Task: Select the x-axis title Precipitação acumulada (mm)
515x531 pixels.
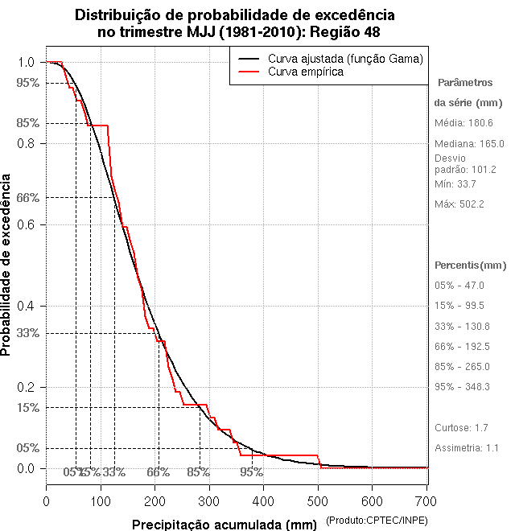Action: tap(225, 525)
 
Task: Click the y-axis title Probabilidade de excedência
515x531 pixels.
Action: tap(7, 265)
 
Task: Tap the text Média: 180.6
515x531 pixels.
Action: tap(463, 122)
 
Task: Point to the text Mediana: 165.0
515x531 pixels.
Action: tap(468, 143)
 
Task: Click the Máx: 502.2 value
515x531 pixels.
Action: tap(459, 204)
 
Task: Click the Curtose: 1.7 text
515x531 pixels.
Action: tap(461, 427)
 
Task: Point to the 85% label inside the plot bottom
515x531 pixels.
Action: tap(198, 472)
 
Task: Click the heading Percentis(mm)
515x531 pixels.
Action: tap(471, 265)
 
